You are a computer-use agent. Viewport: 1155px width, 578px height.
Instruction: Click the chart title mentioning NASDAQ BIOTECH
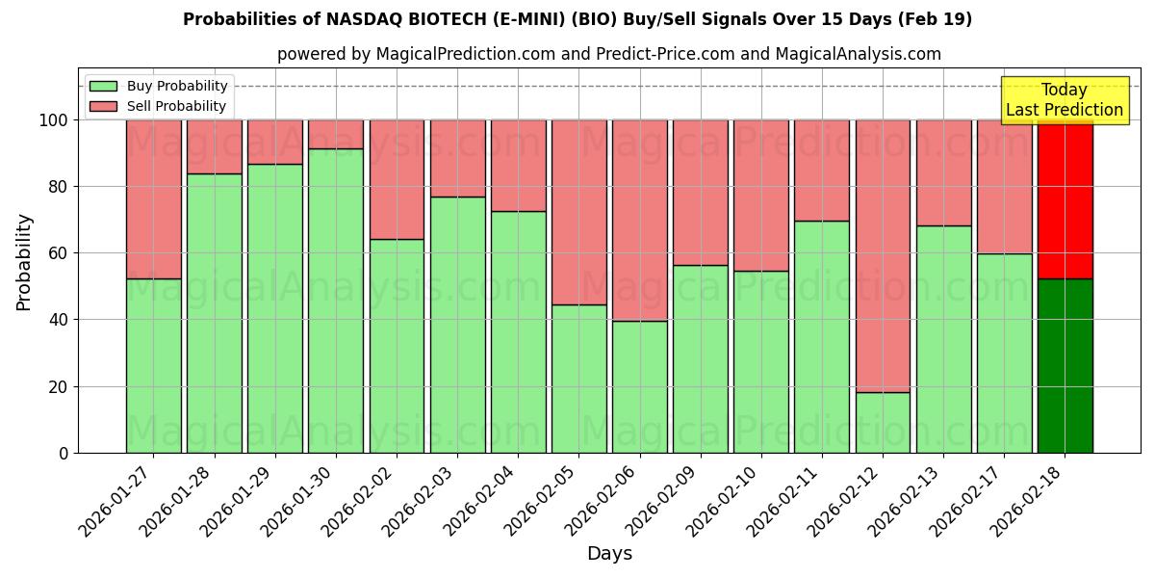pos(577,19)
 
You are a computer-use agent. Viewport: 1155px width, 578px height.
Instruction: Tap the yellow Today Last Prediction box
pos(1064,100)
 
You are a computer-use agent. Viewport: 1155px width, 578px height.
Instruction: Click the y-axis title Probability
pos(24,262)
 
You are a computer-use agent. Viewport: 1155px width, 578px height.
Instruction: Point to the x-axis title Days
pos(609,554)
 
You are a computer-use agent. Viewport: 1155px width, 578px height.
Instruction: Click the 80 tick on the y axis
pos(59,187)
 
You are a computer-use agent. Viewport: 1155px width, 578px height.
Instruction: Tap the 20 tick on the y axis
pos(59,386)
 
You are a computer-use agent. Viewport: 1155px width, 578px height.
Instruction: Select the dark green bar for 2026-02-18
pos(1065,366)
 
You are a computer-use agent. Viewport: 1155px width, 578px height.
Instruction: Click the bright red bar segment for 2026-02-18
pos(1065,199)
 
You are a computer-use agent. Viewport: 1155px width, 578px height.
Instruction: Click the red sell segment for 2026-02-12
pos(883,255)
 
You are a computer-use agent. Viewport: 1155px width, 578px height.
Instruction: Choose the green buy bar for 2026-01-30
pos(336,301)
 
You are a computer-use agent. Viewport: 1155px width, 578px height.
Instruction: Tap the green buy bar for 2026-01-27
pos(153,366)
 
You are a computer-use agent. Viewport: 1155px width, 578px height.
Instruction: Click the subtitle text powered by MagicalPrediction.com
pos(609,54)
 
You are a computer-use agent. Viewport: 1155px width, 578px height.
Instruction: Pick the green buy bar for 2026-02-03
pos(457,325)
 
